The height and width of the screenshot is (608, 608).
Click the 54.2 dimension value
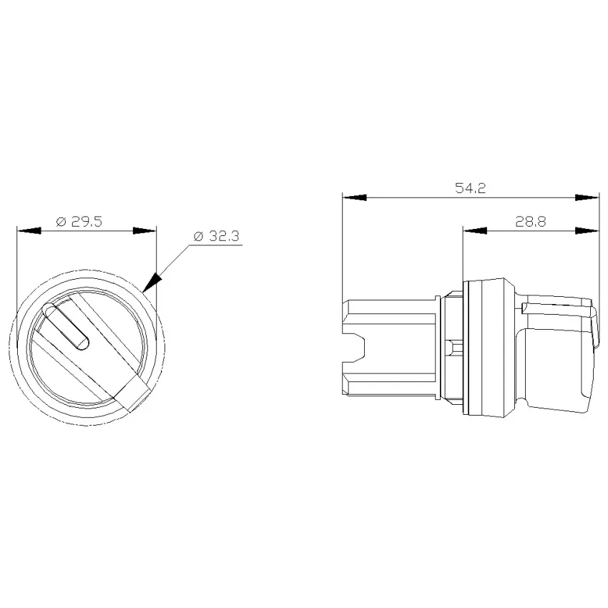tap(470, 188)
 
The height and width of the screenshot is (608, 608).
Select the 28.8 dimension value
tap(531, 222)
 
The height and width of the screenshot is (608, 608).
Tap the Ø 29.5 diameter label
tap(79, 222)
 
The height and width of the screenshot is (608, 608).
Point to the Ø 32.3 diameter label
tap(216, 236)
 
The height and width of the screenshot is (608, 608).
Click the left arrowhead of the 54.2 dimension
tap(354, 197)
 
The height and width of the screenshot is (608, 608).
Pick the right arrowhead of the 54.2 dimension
tap(587, 197)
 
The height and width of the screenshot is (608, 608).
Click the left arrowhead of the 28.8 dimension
tap(475, 231)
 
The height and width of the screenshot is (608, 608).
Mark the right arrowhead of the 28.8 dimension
tap(587, 231)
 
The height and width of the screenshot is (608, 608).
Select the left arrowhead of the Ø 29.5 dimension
tap(29, 231)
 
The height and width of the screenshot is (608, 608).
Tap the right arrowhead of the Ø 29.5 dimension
tap(144, 231)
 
